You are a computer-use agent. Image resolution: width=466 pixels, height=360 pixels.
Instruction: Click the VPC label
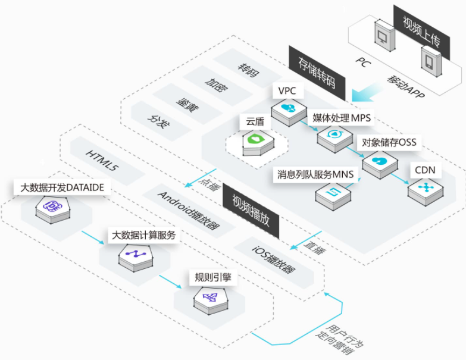coord(287,90)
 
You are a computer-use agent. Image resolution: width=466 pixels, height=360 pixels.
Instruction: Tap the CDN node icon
coord(426,190)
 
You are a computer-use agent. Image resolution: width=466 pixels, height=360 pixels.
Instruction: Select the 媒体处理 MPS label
coord(342,118)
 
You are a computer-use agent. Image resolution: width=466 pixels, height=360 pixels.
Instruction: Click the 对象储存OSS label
coord(389,142)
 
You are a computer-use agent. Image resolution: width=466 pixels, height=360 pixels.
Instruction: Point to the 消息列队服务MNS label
coord(315,174)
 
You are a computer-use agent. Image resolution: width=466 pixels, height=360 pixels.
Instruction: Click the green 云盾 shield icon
coord(258,143)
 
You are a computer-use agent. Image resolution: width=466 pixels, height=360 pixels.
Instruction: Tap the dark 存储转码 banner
coord(317,73)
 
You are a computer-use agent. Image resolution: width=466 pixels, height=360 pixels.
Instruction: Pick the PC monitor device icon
coord(384,35)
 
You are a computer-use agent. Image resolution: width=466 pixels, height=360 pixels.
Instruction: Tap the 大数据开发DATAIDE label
coord(62,187)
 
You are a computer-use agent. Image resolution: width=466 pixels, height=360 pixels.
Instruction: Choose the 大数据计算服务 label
coord(143,235)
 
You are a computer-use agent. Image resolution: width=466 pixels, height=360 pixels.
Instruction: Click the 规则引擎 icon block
coord(211,300)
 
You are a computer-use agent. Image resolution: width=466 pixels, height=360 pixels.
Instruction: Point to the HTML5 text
coord(102,161)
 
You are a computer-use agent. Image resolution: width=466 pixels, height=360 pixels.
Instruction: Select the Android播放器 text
coord(188,211)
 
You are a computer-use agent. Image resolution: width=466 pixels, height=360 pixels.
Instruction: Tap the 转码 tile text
coord(248,70)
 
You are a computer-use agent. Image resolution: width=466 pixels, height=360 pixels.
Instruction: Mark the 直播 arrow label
coord(315,246)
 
